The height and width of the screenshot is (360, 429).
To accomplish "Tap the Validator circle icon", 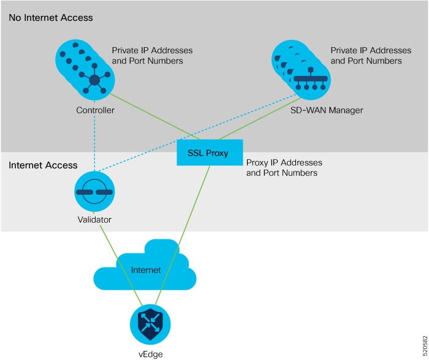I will [94, 192].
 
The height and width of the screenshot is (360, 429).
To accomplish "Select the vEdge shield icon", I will [150, 324].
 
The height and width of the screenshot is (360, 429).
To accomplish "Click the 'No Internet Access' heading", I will [51, 18].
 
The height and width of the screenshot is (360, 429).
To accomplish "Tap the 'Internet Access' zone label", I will [43, 165].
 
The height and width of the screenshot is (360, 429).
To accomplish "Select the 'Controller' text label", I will [95, 111].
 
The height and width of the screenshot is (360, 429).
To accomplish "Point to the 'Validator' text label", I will [94, 219].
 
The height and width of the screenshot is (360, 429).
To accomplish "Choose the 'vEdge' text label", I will [150, 354].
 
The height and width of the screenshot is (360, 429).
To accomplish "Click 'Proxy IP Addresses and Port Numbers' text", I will [284, 168].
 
